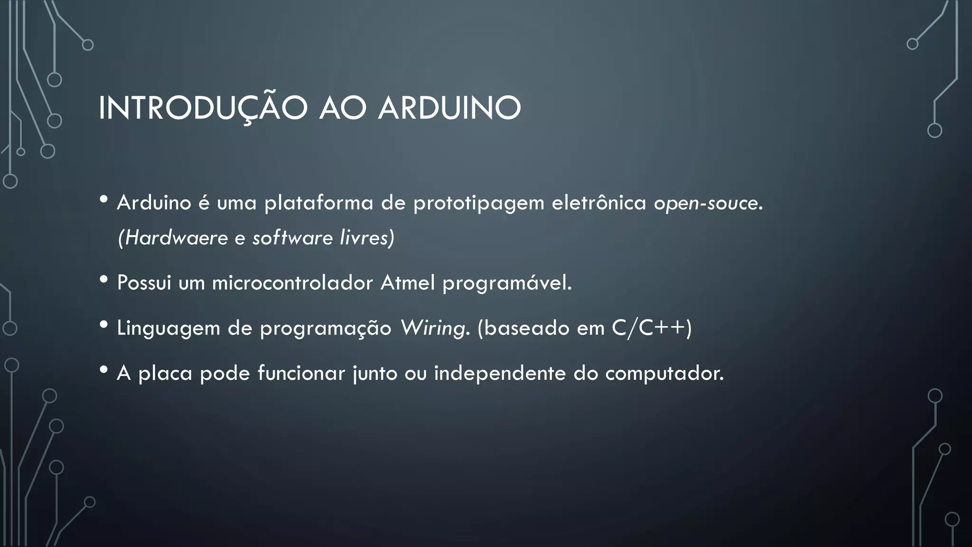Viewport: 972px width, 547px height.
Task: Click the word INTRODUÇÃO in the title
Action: pos(203,109)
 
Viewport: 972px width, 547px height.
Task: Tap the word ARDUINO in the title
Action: pos(449,109)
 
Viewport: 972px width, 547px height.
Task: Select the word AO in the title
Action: pos(343,109)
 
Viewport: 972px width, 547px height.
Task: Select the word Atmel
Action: pos(408,283)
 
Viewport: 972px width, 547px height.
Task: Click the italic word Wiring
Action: pos(434,328)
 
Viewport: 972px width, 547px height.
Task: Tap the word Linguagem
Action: pos(168,328)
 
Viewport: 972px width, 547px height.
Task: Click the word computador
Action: pos(664,373)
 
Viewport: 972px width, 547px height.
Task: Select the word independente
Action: pos(500,373)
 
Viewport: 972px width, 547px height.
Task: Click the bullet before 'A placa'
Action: pos(104,370)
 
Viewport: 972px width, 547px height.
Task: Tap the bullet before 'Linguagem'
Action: pos(104,325)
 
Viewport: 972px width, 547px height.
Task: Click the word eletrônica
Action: pos(599,203)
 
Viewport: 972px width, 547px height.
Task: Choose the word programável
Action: pos(507,283)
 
